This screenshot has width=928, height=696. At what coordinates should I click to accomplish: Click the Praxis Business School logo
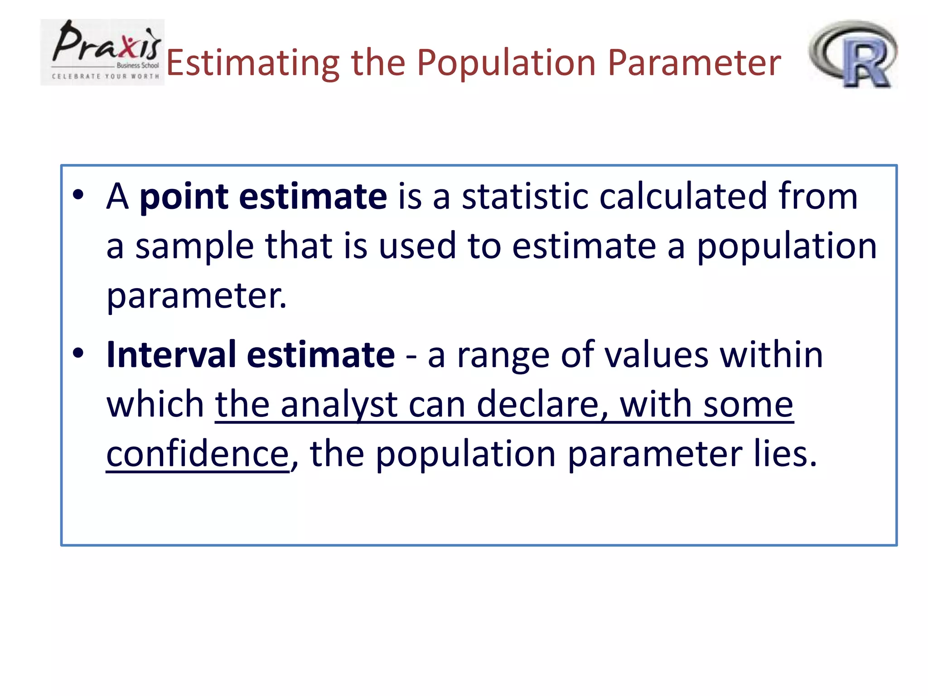coord(102,52)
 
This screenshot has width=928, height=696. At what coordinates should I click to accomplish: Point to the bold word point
coord(184,197)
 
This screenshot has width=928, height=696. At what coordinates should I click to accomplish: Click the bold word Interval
coord(171,355)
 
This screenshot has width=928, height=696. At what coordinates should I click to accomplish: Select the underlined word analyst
coord(339,404)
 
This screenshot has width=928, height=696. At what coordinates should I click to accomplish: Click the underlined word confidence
coord(198,454)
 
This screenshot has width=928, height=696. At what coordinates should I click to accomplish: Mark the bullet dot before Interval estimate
coord(78,353)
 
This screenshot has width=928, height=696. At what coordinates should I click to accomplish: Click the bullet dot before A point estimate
coord(78,194)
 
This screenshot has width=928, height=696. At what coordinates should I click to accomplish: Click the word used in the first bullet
coord(417,246)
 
